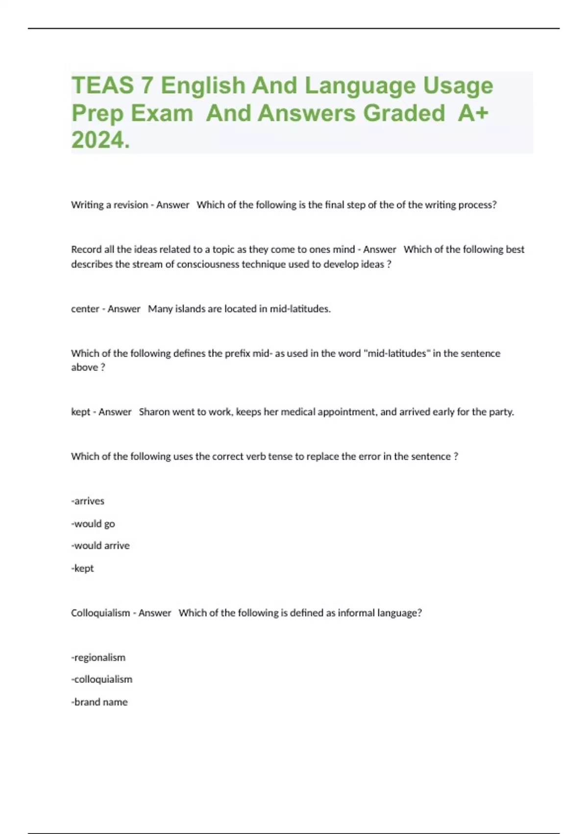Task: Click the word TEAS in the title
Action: click(102, 85)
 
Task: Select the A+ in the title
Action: click(473, 113)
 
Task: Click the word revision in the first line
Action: click(130, 205)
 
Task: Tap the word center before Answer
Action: click(85, 309)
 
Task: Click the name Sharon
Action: click(154, 412)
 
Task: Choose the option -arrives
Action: click(88, 501)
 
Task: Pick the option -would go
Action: click(93, 524)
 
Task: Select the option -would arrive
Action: click(100, 546)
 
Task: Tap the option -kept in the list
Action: click(83, 568)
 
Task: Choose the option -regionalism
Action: click(98, 657)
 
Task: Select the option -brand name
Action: click(99, 702)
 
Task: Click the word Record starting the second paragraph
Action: click(86, 249)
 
